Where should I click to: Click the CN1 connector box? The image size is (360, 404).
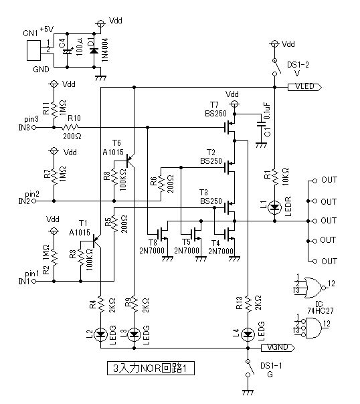(x=33, y=51)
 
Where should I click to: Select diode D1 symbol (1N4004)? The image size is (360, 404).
(x=94, y=51)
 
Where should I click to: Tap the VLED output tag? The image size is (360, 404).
(x=304, y=87)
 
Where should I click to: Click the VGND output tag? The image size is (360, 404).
(x=278, y=348)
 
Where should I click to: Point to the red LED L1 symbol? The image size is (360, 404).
(x=275, y=207)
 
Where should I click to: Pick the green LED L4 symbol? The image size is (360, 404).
(x=248, y=334)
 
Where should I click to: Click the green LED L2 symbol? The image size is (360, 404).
(x=100, y=334)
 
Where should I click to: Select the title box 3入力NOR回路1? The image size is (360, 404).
(x=151, y=369)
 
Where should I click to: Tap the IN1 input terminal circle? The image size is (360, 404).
(x=33, y=282)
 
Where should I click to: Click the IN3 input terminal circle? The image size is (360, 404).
(x=33, y=127)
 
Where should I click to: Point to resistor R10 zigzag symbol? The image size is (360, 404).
(x=70, y=127)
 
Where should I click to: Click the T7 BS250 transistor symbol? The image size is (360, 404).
(x=230, y=127)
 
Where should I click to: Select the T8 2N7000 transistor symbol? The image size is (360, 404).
(x=163, y=235)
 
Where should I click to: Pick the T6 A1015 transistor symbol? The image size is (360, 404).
(x=130, y=161)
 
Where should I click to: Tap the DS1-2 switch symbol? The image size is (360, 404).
(x=276, y=67)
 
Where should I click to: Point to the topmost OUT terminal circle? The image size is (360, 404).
(x=314, y=181)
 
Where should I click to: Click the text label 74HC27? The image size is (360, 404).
(x=321, y=311)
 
